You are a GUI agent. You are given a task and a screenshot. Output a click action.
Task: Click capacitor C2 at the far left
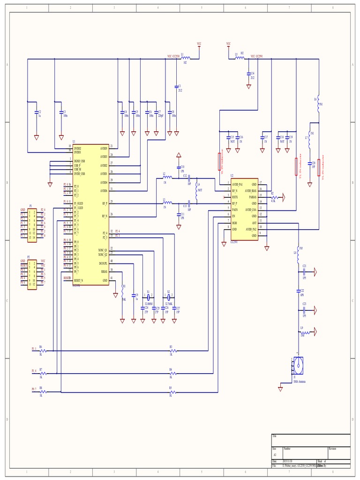click(36, 112)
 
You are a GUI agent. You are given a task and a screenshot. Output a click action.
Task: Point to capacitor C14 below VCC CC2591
click(248, 74)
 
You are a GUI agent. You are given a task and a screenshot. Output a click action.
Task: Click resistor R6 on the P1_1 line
click(42, 350)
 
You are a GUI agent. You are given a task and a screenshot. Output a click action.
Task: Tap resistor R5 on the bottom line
click(172, 392)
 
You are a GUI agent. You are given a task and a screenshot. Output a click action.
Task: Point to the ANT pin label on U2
click(254, 223)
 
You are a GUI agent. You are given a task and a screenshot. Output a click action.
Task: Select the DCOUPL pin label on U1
click(103, 263)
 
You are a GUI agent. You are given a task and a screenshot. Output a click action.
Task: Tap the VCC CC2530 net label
click(173, 56)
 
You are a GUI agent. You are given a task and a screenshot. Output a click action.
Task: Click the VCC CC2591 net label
click(256, 56)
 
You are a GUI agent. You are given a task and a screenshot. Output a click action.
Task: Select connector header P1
click(32, 224)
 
